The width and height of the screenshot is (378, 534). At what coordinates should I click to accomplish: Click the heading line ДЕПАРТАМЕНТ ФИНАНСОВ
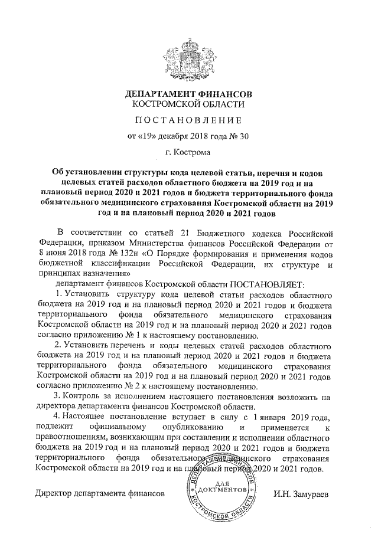tap(188, 94)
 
